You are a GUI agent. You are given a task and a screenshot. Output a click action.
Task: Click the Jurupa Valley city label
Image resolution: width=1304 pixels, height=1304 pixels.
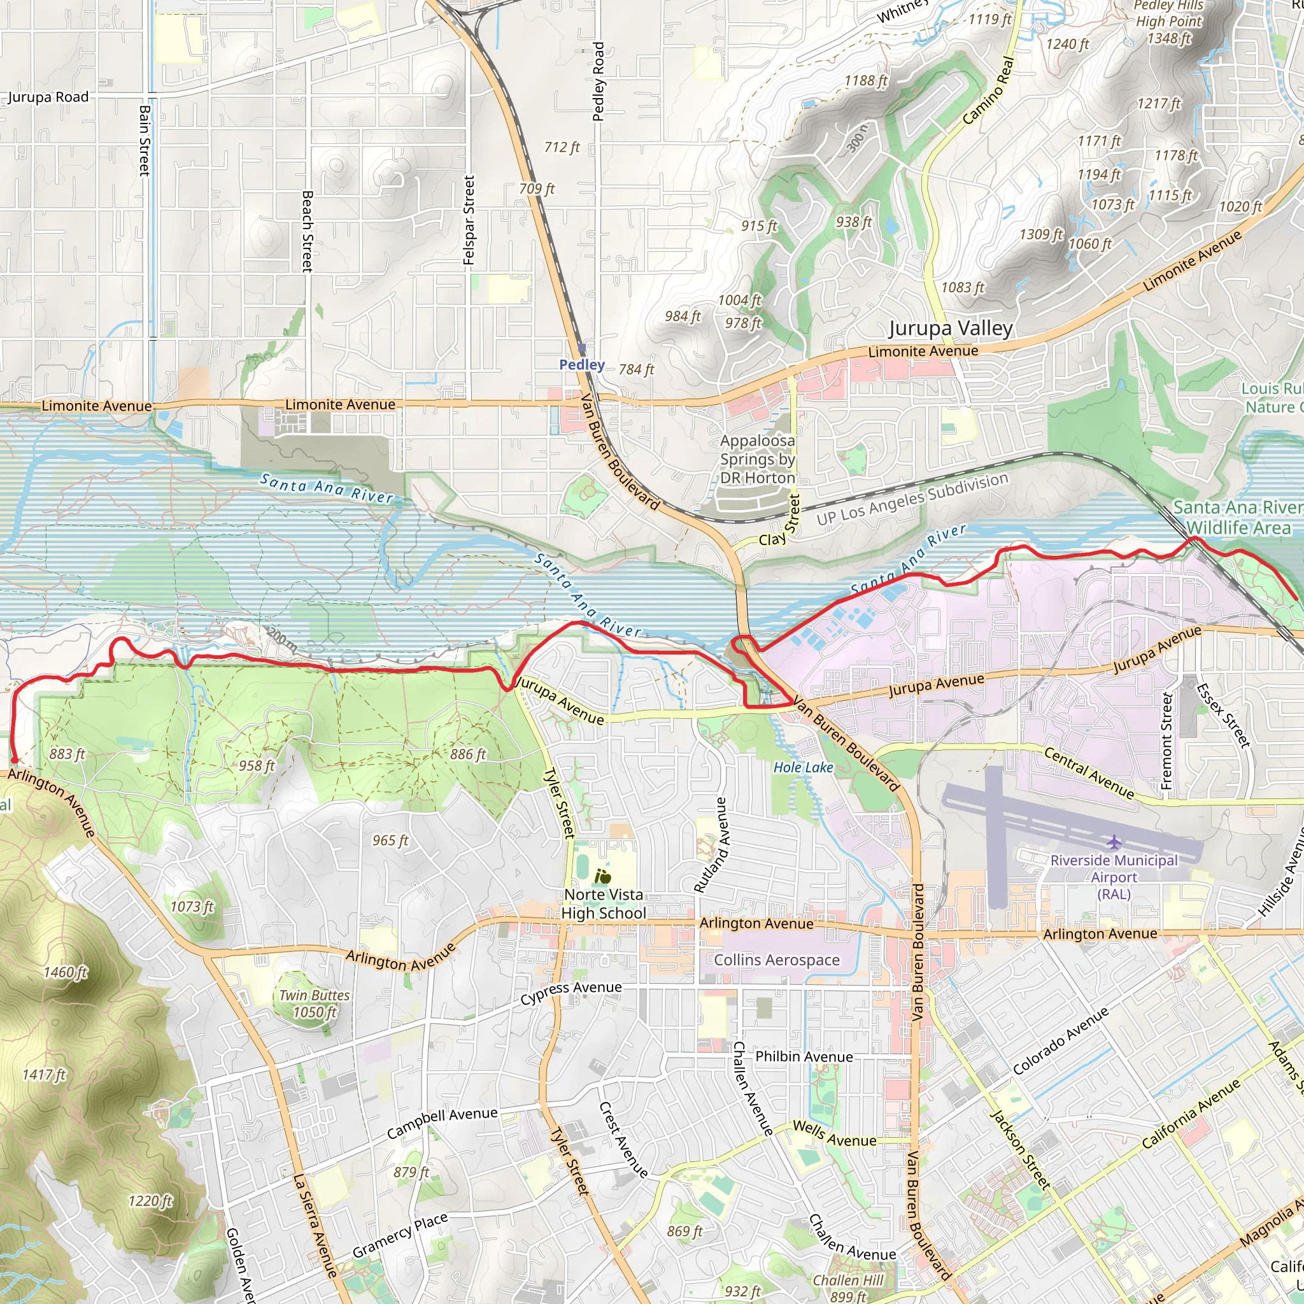click(x=951, y=329)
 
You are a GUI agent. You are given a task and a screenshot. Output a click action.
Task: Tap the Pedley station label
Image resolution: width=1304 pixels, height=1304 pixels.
click(x=581, y=364)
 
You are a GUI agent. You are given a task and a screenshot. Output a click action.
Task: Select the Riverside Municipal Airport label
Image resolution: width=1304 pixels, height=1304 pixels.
click(x=1114, y=877)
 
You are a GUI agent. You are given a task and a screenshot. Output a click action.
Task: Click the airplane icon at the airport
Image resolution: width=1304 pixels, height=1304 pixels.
click(x=1114, y=842)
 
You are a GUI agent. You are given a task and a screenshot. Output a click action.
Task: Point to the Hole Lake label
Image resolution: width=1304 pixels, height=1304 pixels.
click(x=802, y=767)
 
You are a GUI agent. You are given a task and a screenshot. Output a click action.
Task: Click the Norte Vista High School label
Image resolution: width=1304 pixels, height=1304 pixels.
click(x=604, y=904)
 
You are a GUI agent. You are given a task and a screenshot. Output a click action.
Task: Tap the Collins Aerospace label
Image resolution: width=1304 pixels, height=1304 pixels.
click(x=777, y=960)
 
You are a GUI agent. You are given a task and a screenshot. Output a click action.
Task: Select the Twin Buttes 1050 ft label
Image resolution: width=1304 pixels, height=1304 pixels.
click(x=315, y=1003)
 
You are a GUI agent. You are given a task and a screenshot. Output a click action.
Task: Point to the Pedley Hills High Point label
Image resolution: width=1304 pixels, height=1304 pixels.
click(x=1169, y=22)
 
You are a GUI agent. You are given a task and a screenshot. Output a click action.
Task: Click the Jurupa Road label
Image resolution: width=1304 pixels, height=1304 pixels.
click(x=48, y=97)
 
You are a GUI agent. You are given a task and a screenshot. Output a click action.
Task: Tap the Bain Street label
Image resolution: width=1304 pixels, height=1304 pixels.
click(x=145, y=140)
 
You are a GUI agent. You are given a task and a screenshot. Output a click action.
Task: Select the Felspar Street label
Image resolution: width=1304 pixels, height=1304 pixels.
click(x=469, y=220)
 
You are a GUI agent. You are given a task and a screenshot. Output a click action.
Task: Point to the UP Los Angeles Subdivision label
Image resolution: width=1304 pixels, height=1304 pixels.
click(x=912, y=499)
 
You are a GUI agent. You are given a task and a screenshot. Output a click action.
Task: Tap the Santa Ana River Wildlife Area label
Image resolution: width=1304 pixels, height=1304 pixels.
click(x=1238, y=517)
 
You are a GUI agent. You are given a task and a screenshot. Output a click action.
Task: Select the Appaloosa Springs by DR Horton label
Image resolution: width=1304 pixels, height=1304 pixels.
click(x=757, y=459)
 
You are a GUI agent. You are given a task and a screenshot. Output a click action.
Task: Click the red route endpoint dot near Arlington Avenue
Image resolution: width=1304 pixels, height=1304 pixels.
click(x=14, y=761)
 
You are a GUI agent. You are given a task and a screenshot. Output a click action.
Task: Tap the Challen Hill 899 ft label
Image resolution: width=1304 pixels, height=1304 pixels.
click(x=847, y=1288)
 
